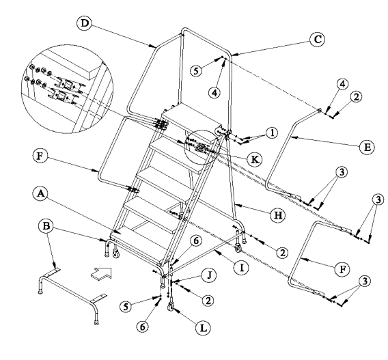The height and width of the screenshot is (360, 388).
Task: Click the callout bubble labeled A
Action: point(40,193)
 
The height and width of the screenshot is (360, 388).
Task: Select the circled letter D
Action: point(85,23)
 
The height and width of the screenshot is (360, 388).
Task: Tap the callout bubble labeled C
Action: point(318,40)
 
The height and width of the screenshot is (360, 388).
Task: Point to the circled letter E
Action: point(367,147)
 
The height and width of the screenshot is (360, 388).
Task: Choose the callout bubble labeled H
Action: point(278,215)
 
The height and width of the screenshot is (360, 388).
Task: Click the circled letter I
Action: point(242,268)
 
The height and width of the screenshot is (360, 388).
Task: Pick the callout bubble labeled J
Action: point(208,275)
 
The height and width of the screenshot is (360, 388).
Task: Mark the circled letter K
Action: point(255,160)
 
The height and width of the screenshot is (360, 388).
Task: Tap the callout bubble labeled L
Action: point(203,328)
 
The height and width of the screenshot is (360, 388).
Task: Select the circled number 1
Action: point(272,133)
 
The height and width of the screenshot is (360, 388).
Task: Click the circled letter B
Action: point(46,226)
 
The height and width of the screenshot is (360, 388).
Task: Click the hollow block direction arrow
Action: point(102,274)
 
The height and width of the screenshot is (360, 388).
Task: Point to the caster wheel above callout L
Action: point(171,305)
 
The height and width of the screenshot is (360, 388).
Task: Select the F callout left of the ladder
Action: point(40,156)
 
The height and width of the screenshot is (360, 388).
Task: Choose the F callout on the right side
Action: point(342,269)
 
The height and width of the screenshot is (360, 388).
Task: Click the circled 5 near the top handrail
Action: point(196,71)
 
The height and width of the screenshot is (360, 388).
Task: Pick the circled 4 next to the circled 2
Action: point(342,84)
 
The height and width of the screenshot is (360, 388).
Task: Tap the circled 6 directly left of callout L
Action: point(143,327)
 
